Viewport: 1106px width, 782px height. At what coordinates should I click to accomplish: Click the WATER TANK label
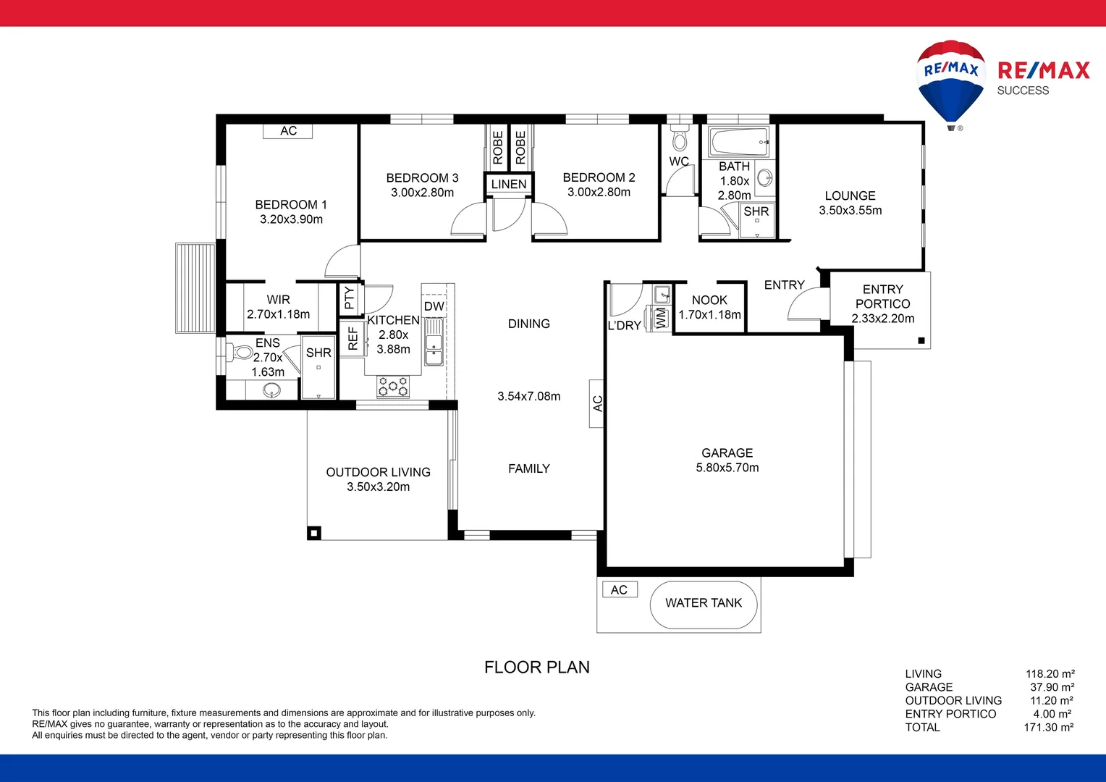704,603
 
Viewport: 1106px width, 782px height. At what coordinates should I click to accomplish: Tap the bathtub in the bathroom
739,142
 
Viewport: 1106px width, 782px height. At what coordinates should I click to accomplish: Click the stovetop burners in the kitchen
393,387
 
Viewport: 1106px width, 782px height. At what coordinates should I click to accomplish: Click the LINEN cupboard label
509,185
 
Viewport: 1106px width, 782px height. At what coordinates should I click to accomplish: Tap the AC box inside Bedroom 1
288,131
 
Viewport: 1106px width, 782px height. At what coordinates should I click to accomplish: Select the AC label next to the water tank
619,590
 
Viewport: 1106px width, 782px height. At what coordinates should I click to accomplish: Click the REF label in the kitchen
353,338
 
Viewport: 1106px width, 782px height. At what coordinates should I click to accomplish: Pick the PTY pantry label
349,298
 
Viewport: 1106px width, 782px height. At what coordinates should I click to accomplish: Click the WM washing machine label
661,318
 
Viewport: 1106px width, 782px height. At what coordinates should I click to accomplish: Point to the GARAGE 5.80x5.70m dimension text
727,468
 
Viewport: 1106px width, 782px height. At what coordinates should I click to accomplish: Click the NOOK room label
709,300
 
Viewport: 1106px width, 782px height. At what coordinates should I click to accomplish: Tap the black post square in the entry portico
921,340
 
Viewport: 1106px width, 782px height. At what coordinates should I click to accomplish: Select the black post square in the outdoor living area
313,534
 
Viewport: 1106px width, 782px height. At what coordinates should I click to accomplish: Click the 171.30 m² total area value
1048,728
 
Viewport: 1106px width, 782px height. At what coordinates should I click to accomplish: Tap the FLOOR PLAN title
536,667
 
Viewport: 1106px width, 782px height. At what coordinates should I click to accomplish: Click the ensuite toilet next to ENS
241,353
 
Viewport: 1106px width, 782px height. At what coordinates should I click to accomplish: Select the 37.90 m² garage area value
1052,687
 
